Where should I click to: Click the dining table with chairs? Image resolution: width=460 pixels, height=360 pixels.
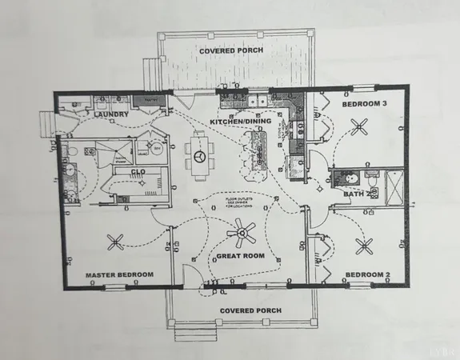(198, 152)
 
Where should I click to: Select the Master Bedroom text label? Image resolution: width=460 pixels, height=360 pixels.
(119, 275)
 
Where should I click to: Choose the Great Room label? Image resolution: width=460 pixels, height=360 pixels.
(240, 257)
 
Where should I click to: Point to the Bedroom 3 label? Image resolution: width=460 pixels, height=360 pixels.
(365, 104)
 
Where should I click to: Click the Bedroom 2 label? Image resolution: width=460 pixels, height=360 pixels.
(367, 275)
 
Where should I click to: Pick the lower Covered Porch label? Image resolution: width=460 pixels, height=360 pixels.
(244, 310)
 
